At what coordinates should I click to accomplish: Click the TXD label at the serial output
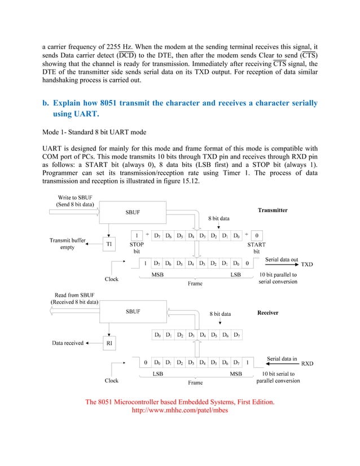tap(308, 264)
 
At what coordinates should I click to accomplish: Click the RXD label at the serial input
tap(307, 364)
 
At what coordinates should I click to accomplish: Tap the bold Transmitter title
tap(273, 210)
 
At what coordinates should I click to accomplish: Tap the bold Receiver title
tap(268, 312)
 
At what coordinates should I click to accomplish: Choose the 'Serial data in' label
tap(282, 358)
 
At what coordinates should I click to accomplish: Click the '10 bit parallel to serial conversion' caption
tap(278, 278)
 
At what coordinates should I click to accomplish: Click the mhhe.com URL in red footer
tap(179, 411)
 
